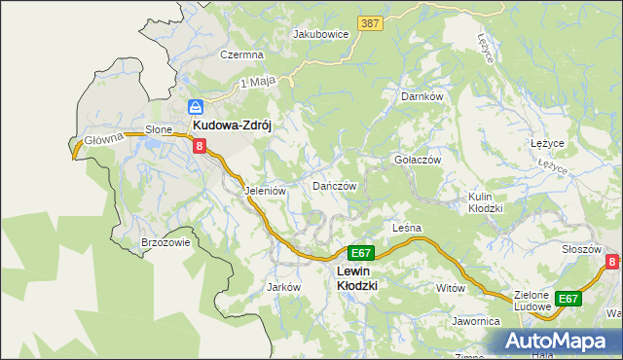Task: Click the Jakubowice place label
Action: [320, 33]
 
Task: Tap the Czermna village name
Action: [241, 55]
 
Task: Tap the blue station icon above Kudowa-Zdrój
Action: [195, 107]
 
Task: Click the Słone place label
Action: [159, 128]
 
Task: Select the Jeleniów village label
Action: [265, 191]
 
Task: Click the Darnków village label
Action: [422, 96]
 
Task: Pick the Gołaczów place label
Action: [418, 160]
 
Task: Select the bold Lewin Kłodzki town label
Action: [355, 277]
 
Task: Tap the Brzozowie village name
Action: [165, 243]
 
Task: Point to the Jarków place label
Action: [282, 287]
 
